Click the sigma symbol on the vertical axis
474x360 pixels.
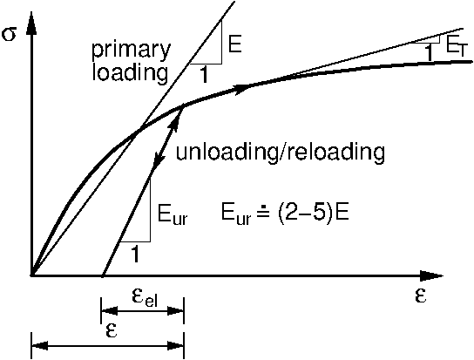pyautogui.click(x=9, y=35)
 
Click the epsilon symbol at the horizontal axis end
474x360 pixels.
pyautogui.click(x=420, y=296)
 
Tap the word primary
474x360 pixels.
pyautogui.click(x=132, y=51)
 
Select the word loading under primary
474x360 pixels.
pyautogui.click(x=130, y=72)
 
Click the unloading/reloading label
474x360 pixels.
pyautogui.click(x=281, y=152)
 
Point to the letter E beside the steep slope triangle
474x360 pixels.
pyautogui.click(x=234, y=44)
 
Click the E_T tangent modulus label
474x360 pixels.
pyautogui.click(x=457, y=47)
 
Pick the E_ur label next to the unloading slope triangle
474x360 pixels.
pyautogui.click(x=173, y=214)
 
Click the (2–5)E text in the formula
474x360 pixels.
pyautogui.click(x=312, y=213)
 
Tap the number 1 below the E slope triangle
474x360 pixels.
pyautogui.click(x=204, y=74)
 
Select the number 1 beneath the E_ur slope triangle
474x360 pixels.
pyautogui.click(x=135, y=255)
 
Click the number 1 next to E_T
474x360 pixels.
pyautogui.click(x=429, y=53)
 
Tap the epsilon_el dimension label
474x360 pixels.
pyautogui.click(x=145, y=298)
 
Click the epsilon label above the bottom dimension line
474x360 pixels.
pyautogui.click(x=112, y=331)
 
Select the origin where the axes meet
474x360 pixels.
pyautogui.click(x=31, y=275)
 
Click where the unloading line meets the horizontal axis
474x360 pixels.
pyautogui.click(x=103, y=275)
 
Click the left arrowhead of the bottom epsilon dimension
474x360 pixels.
pyautogui.click(x=39, y=345)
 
